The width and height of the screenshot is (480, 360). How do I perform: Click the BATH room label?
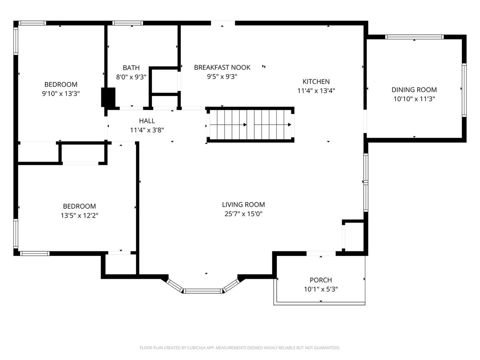(131, 68)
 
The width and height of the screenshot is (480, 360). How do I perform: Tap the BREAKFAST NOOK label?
(222, 68)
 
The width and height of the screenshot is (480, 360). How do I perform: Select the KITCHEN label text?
(316, 82)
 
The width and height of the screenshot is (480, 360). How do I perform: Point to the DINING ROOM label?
(414, 90)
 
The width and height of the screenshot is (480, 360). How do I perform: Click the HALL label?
(147, 121)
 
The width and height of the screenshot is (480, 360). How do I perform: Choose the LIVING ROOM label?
(243, 204)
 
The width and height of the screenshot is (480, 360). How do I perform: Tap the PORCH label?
(321, 280)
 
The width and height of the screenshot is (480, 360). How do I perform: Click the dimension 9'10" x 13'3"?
(61, 94)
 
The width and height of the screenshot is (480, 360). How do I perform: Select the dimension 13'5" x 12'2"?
(79, 216)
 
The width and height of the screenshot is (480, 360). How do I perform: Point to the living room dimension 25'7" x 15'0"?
(243, 214)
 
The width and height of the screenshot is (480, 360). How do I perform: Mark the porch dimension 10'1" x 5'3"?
(321, 289)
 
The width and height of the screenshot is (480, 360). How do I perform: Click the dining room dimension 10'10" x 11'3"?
(414, 99)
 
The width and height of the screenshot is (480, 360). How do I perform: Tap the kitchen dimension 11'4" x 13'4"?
(316, 91)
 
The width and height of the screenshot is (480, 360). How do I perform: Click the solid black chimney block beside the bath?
(108, 97)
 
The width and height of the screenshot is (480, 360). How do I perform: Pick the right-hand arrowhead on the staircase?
(289, 125)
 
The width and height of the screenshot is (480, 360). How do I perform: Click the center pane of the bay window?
(203, 291)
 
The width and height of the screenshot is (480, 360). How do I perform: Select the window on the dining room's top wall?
(414, 37)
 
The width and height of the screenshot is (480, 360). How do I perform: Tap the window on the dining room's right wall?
(464, 90)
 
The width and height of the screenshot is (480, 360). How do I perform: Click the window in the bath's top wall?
(128, 23)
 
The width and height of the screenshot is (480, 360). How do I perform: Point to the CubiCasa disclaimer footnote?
(240, 348)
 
